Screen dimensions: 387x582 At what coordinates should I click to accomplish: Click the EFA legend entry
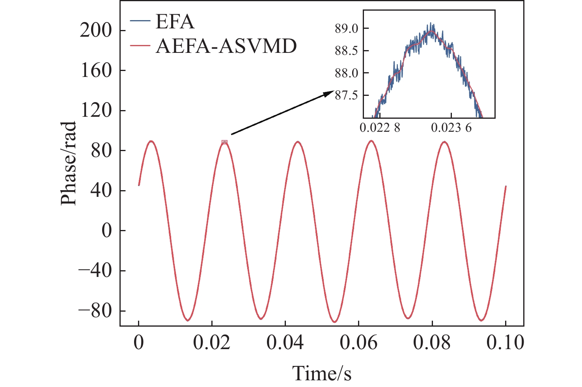(x=175, y=22)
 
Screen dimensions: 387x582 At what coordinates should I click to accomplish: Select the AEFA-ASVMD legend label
(x=226, y=46)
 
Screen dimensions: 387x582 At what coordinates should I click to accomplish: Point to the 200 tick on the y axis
(x=96, y=30)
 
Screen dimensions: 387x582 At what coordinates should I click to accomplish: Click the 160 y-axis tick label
(x=96, y=71)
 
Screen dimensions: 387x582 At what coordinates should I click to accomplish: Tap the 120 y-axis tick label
(x=96, y=110)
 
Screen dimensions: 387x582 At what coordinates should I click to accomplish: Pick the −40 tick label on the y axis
(x=95, y=271)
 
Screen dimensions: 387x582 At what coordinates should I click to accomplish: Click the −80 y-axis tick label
(x=95, y=311)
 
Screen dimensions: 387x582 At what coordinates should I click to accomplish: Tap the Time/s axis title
(x=321, y=373)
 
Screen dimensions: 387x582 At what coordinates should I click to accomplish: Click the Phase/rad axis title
(x=68, y=164)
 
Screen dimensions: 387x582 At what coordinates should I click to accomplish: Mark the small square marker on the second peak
(x=224, y=142)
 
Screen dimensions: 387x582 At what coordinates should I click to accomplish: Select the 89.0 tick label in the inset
(x=347, y=29)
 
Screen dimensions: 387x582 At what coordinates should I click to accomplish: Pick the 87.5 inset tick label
(x=347, y=95)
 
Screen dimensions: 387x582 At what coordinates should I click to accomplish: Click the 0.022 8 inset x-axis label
(x=380, y=128)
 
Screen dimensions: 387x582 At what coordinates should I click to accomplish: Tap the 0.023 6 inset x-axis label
(x=451, y=128)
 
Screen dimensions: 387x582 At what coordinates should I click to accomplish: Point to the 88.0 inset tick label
(x=347, y=73)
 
